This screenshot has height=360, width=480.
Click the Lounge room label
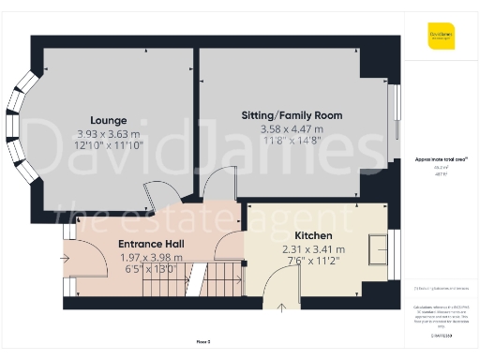click(x=109, y=120)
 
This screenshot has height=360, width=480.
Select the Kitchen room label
click(x=313, y=236)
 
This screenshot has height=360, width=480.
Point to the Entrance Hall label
click(x=151, y=244)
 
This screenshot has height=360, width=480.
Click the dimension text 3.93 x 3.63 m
click(x=109, y=134)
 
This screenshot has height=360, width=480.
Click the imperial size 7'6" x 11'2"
click(x=313, y=263)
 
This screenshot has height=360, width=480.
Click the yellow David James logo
click(x=441, y=37)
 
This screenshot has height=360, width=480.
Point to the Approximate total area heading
click(x=434, y=159)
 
